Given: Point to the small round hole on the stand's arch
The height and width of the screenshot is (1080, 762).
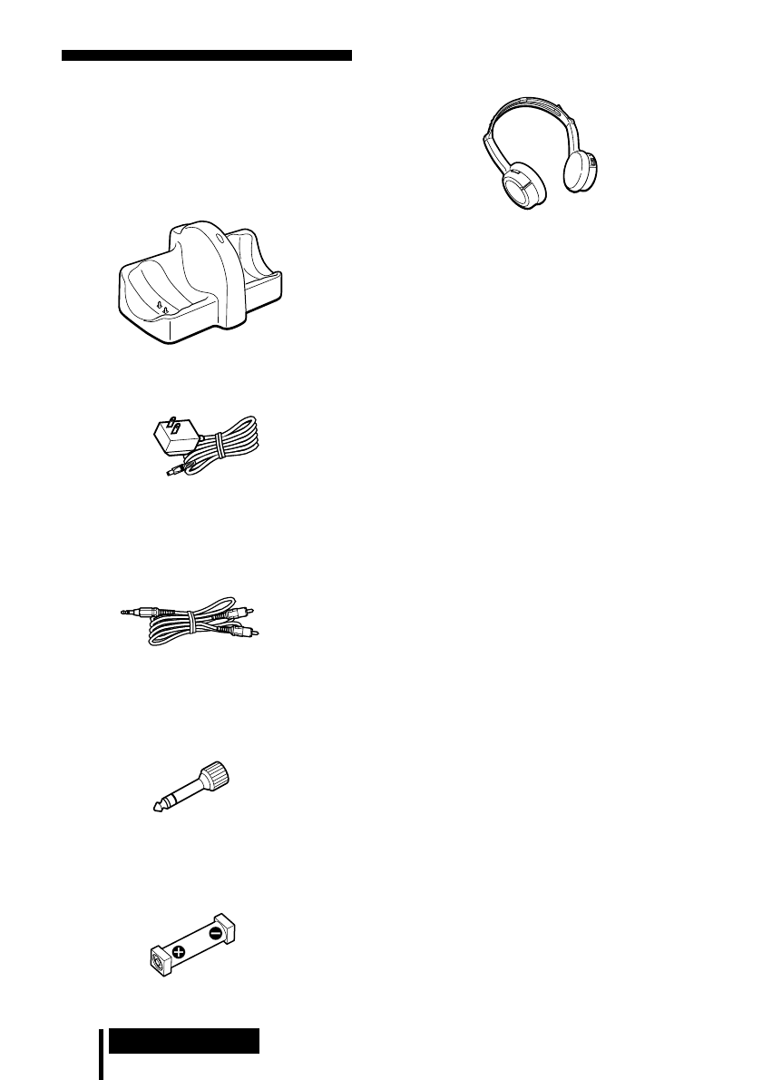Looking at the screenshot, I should click(x=221, y=240).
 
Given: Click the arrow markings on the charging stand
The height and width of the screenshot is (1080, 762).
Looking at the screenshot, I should click(x=162, y=308).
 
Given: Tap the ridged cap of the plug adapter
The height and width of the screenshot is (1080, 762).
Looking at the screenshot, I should click(x=216, y=776).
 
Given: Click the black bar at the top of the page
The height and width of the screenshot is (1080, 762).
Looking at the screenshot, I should click(x=207, y=55).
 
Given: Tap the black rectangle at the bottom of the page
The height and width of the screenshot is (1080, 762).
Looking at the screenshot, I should click(x=184, y=1040).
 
